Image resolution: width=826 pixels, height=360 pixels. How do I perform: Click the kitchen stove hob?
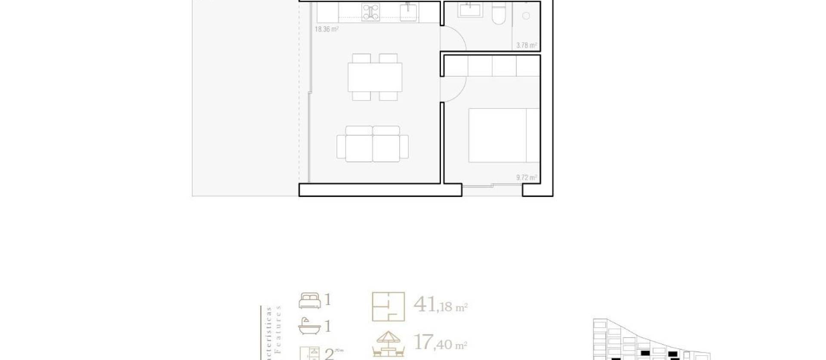tap(370, 12)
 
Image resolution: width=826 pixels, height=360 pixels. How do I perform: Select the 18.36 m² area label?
tap(327, 30)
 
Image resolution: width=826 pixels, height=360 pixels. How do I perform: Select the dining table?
tap(375, 77)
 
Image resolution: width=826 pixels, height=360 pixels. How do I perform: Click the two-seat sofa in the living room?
tap(373, 144)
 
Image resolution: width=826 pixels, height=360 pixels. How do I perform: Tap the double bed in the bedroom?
tap(504, 135)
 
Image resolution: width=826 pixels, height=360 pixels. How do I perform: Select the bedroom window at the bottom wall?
tap(492, 185)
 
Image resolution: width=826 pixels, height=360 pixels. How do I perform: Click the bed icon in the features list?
tap(310, 301)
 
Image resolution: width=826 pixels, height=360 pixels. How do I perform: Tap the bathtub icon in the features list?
tap(309, 326)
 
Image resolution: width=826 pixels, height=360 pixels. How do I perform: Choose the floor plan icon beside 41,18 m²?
tap(388, 307)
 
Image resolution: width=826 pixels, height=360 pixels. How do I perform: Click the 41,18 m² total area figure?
tap(440, 305)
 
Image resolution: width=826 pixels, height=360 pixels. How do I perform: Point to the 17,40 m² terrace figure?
tap(440, 343)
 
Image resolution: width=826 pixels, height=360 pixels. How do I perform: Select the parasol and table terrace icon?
tap(388, 344)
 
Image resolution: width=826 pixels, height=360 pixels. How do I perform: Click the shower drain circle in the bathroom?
tap(526, 16)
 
